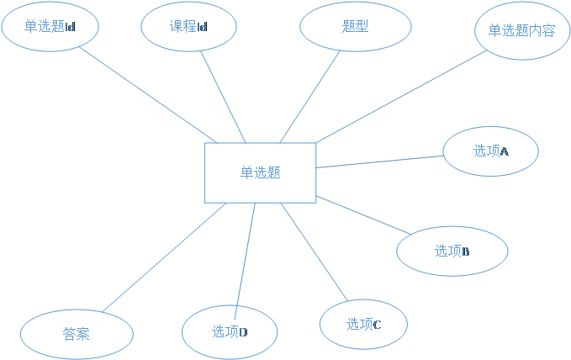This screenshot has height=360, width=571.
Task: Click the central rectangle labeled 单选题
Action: click(260, 172)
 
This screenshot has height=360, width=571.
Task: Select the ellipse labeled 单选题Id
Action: click(50, 27)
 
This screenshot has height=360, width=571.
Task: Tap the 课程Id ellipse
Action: click(188, 27)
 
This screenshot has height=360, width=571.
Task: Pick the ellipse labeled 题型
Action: click(355, 27)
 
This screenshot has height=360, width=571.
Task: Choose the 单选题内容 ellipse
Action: click(521, 31)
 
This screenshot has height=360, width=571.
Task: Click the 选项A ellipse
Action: click(490, 151)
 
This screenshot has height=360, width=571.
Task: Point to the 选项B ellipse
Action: click(452, 251)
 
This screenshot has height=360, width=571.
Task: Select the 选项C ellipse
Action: click(363, 324)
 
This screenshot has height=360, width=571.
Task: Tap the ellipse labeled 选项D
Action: click(230, 331)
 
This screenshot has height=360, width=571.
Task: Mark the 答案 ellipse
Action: click(77, 335)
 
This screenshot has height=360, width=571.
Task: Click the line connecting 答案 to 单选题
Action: click(164, 257)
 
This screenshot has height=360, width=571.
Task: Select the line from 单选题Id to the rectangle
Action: click(147, 94)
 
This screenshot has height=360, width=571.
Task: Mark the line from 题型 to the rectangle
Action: click(311, 96)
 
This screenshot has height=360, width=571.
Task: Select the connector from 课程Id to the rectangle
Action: click(223, 96)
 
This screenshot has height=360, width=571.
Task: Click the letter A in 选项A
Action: click(505, 151)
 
